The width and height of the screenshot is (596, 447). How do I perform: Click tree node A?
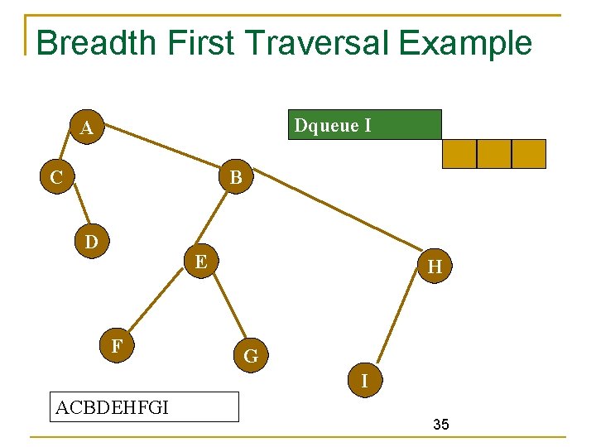pyautogui.click(x=86, y=127)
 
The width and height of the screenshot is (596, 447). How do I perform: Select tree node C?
pyautogui.click(x=56, y=176)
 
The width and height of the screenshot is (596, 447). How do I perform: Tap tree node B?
pyautogui.click(x=235, y=176)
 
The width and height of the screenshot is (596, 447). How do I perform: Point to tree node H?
pyautogui.click(x=434, y=267)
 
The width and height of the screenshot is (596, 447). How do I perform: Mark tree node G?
pyautogui.click(x=251, y=357)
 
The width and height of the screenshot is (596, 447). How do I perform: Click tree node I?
pyautogui.click(x=364, y=381)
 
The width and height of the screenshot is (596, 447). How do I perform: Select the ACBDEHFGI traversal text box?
pyautogui.click(x=144, y=406)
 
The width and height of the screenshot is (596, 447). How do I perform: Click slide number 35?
pyautogui.click(x=441, y=425)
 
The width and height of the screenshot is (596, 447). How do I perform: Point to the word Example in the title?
pyautogui.click(x=467, y=43)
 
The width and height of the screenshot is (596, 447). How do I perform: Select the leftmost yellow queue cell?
pyautogui.click(x=459, y=154)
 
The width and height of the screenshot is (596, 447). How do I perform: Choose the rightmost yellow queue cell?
pyautogui.click(x=529, y=154)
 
